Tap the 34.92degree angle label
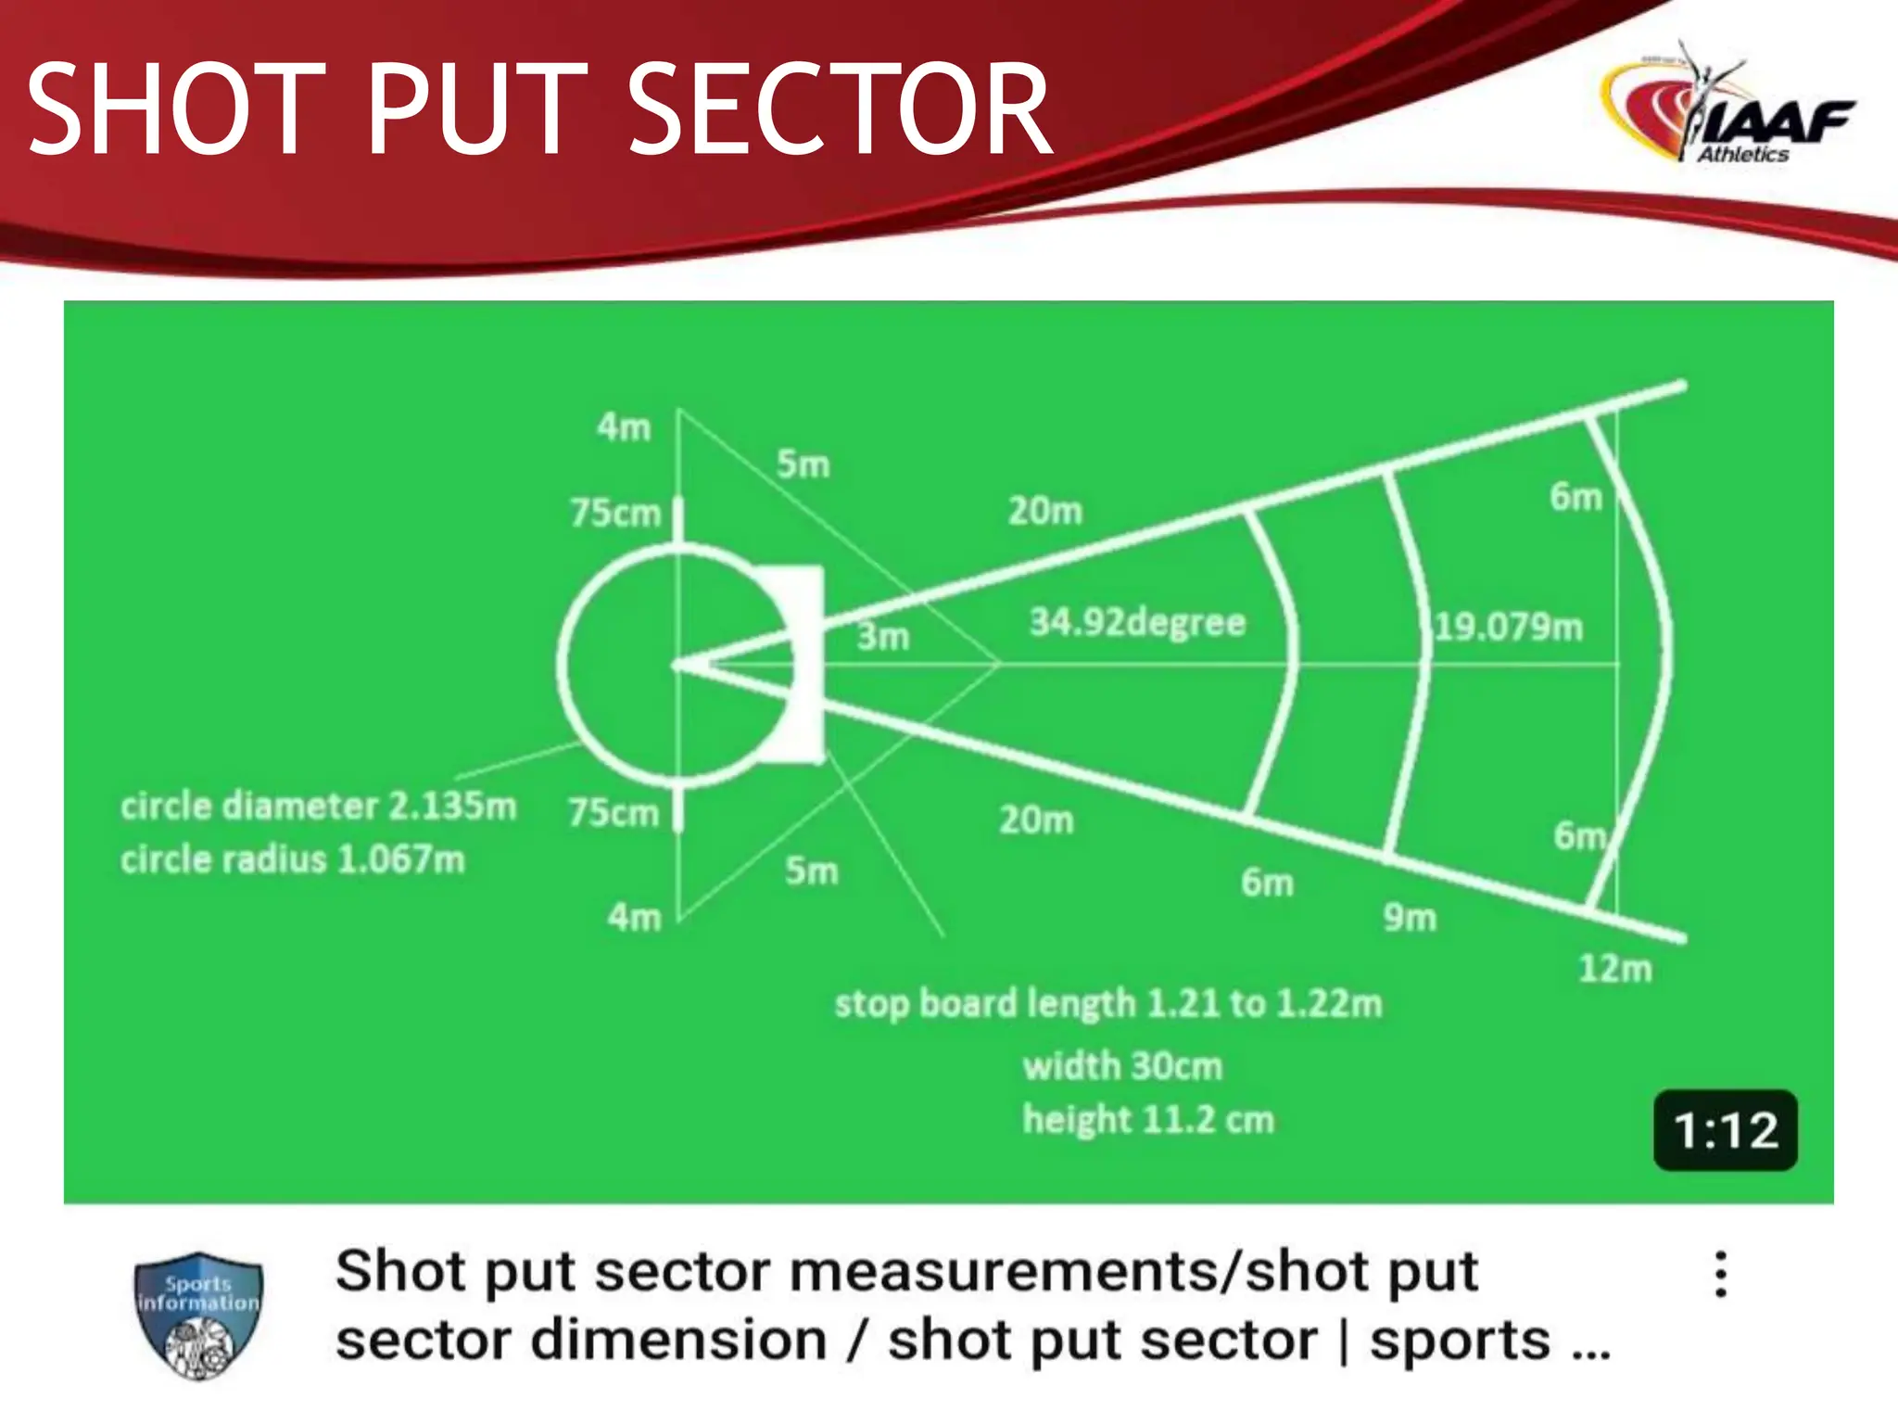1137,622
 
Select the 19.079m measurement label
1508,628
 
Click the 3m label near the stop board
882,637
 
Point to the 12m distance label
1614,969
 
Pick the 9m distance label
1410,918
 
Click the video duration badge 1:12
1725,1130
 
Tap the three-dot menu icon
1720,1275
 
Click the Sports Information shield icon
198,1315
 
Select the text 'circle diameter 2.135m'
318,806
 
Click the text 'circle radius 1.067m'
292,859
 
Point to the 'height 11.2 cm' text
1148,1120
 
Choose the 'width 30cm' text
1122,1066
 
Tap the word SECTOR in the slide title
840,109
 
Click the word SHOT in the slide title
176,109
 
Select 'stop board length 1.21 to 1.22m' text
1108,1003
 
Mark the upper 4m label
624,427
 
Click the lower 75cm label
614,813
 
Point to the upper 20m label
1044,511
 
